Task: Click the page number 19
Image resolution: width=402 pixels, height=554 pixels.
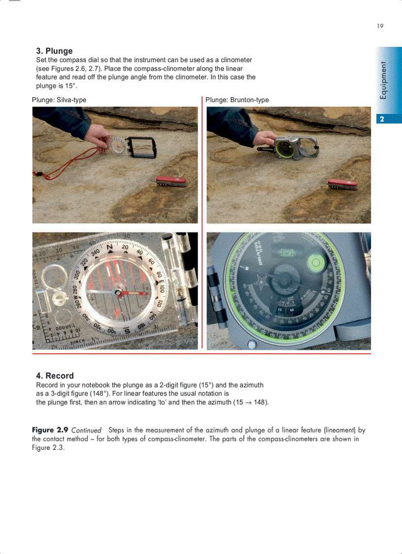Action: pos(380,26)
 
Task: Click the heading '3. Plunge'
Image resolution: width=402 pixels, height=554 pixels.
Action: pos(54,51)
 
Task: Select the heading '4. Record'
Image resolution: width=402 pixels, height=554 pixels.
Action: pos(55,375)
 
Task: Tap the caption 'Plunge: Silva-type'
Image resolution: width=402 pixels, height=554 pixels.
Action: pos(59,100)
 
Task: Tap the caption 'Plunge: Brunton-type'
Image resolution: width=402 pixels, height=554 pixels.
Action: pos(237,100)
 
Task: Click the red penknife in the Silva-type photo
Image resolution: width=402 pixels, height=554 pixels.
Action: pos(170,181)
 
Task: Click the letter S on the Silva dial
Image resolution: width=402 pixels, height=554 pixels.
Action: pos(127,331)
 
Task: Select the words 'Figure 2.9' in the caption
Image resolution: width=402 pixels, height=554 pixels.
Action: pos(50,430)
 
